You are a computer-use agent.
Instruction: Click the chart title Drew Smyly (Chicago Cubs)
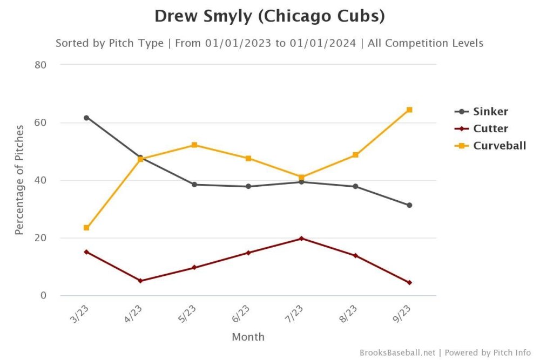[269, 16]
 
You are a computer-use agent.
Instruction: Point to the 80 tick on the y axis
[40, 65]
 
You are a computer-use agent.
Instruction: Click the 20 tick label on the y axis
[40, 238]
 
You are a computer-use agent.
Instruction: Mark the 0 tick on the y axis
[43, 296]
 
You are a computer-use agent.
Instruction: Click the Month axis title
[248, 337]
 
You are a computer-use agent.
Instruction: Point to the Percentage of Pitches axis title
[19, 180]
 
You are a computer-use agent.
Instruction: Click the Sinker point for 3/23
[86, 118]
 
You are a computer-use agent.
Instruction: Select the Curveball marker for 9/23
[409, 110]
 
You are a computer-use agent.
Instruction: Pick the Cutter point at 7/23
[301, 238]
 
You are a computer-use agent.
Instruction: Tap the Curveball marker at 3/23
[86, 228]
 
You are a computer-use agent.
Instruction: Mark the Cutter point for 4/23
[140, 281]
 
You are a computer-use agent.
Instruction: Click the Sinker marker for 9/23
[409, 205]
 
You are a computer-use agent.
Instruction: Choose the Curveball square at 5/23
[194, 145]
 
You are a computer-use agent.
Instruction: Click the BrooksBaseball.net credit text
[397, 352]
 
